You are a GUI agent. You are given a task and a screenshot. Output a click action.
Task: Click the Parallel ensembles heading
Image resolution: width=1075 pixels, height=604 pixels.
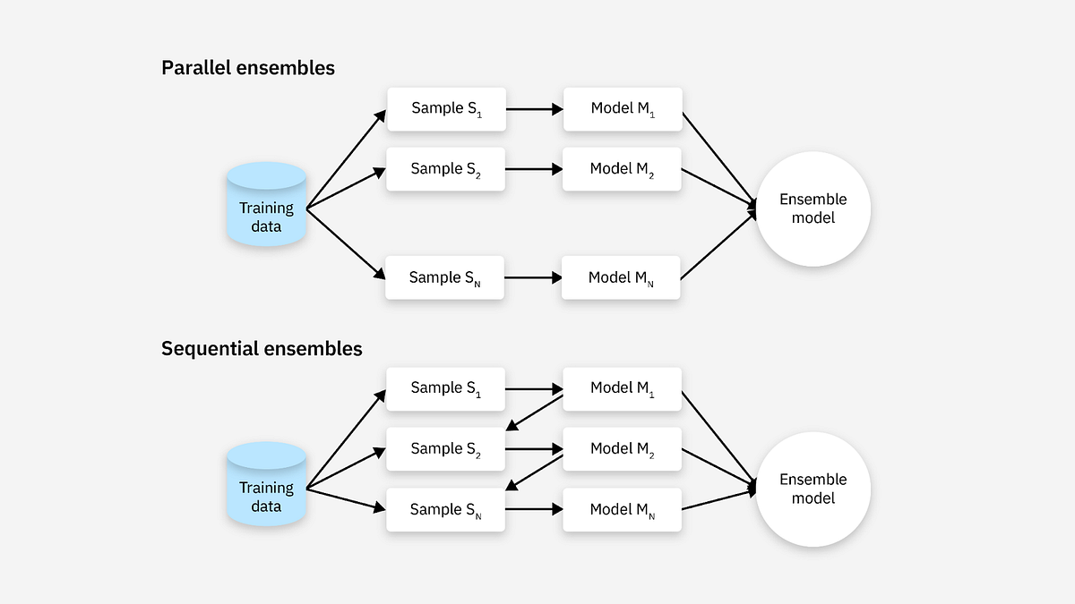[x=248, y=67]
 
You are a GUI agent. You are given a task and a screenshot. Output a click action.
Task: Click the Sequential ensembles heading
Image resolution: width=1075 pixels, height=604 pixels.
[x=262, y=349]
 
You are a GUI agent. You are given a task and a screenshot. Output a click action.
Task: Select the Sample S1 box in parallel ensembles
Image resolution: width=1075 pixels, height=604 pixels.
[x=446, y=109]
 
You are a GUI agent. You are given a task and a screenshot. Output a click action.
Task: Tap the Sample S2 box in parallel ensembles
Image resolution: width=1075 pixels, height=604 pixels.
[x=446, y=169]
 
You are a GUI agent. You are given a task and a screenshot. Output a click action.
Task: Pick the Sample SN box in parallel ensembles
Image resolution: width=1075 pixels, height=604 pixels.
[x=445, y=277]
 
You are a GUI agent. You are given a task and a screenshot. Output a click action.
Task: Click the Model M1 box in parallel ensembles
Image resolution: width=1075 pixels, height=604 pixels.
[x=623, y=109]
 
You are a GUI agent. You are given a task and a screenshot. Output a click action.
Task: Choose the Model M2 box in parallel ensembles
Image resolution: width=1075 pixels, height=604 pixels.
[x=623, y=169]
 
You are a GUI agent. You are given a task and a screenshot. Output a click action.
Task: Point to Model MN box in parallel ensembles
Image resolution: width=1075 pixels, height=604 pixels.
[x=621, y=277]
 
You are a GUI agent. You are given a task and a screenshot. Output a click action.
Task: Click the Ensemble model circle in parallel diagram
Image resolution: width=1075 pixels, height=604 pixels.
[x=813, y=208]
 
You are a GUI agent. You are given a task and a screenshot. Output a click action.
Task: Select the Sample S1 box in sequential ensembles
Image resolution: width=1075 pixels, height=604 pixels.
[x=446, y=388]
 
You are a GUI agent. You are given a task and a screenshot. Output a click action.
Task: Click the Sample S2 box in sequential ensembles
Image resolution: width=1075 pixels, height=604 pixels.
[x=446, y=449]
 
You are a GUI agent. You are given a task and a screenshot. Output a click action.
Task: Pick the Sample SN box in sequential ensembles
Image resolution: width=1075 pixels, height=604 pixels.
[x=445, y=509]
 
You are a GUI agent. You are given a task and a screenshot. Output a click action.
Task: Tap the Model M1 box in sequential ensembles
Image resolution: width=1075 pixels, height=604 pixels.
[x=623, y=388]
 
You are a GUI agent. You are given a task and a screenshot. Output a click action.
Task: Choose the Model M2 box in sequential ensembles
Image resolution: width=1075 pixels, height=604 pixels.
[x=623, y=449]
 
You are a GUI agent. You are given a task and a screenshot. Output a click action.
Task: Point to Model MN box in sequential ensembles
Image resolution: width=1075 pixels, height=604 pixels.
[x=623, y=509]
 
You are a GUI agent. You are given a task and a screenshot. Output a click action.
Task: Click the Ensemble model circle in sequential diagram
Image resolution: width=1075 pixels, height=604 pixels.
[x=813, y=489]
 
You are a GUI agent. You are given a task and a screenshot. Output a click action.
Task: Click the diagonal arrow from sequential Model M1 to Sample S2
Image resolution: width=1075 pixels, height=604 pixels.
[x=535, y=413]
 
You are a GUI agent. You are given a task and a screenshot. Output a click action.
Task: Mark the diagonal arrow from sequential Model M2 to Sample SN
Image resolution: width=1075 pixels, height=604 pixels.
[x=535, y=473]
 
